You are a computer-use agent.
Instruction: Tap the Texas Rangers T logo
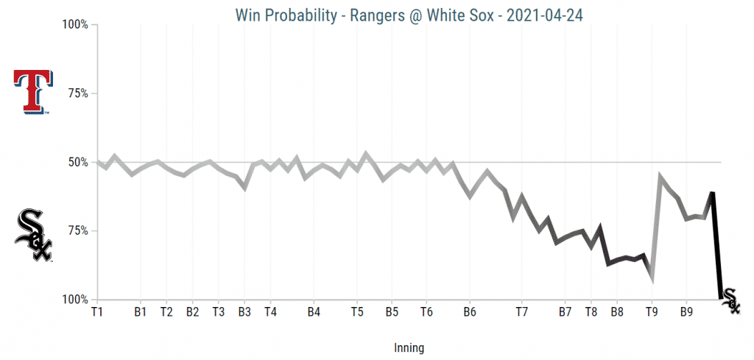(33, 92)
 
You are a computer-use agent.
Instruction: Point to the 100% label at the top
(74, 25)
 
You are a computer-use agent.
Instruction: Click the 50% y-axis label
(77, 162)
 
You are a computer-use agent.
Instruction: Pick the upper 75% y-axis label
(77, 93)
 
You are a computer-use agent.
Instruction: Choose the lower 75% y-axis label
(77, 231)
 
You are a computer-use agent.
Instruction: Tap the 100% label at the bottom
(74, 300)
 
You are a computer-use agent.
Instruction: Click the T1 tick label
(96, 312)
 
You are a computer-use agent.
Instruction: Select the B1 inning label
(141, 312)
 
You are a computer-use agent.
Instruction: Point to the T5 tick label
(357, 312)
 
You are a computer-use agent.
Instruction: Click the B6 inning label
(469, 312)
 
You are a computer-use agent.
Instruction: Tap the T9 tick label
(652, 312)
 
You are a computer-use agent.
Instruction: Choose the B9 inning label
(686, 312)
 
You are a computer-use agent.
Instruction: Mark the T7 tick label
(521, 312)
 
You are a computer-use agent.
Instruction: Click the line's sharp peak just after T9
(660, 177)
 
